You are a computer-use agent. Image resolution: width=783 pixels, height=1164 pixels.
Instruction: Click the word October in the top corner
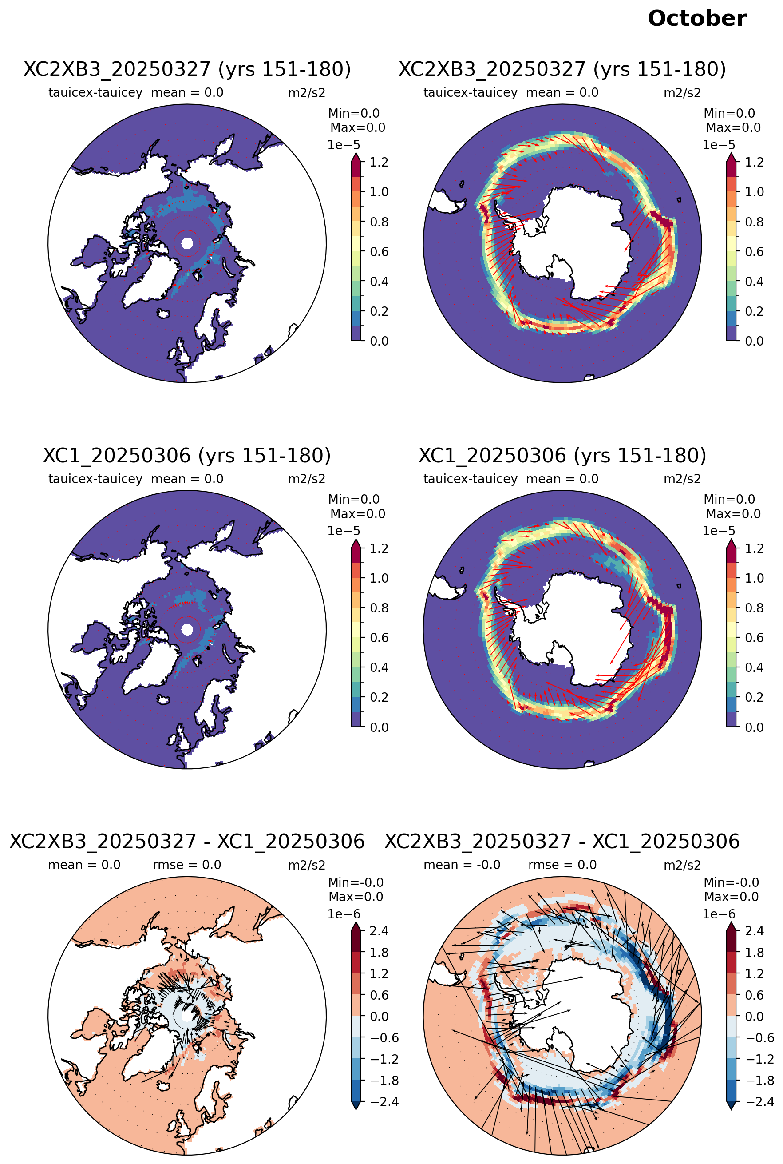[x=696, y=19]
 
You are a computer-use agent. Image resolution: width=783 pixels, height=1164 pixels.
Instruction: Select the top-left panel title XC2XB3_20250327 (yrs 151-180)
[x=187, y=69]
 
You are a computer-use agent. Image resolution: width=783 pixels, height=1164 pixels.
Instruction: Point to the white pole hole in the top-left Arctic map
[x=187, y=243]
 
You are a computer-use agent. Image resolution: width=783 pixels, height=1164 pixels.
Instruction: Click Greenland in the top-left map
[x=150, y=277]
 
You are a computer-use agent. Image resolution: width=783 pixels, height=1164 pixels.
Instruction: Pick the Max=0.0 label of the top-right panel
[x=733, y=127]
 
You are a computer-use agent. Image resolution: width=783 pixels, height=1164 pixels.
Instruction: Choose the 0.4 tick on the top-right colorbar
[x=754, y=282]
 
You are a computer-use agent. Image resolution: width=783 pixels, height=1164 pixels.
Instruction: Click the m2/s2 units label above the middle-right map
[x=682, y=479]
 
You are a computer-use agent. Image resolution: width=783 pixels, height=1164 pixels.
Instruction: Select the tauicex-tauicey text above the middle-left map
[x=95, y=479]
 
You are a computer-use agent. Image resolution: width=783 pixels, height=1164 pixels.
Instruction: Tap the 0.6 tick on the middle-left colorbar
[x=379, y=638]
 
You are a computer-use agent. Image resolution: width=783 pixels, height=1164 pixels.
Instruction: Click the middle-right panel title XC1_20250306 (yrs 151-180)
[x=562, y=455]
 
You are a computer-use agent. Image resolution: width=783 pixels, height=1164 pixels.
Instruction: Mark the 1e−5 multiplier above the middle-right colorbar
[x=719, y=531]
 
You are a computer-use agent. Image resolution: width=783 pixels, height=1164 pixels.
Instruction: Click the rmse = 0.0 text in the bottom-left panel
[x=187, y=865]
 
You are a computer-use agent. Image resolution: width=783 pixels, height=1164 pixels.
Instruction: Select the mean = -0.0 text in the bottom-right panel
[x=462, y=865]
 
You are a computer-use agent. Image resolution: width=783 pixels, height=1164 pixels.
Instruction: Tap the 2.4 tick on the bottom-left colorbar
[x=379, y=931]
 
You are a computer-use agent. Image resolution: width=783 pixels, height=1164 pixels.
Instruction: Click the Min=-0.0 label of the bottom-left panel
[x=356, y=882]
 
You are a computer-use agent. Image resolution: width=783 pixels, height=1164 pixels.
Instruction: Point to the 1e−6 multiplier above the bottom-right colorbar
[x=719, y=914]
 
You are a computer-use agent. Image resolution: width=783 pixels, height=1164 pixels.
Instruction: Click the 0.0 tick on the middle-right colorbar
[x=754, y=727]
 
